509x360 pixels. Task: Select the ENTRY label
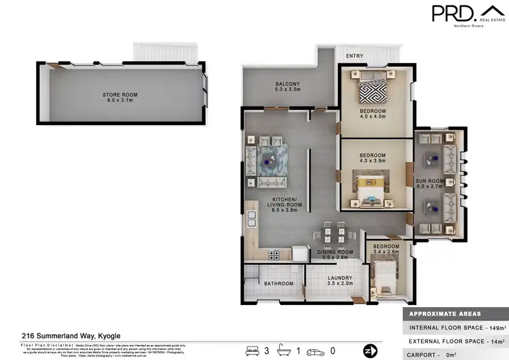pyautogui.click(x=354, y=56)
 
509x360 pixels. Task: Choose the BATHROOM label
pyautogui.click(x=278, y=283)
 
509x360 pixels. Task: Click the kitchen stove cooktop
pyautogui.click(x=276, y=255)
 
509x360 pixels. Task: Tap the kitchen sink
pyautogui.click(x=251, y=219)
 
